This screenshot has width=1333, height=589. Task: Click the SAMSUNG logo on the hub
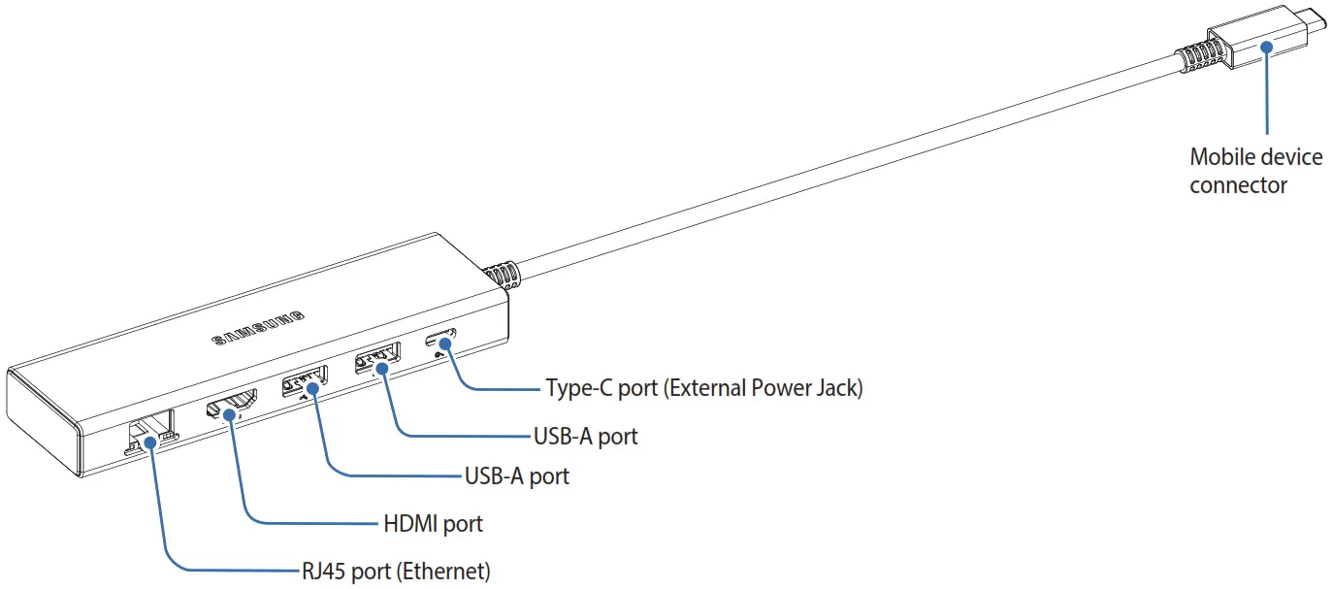point(258,329)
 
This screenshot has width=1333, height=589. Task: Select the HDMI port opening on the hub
point(231,404)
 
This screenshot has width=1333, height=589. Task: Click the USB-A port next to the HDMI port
point(304,381)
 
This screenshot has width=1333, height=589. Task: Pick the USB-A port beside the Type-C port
point(376,360)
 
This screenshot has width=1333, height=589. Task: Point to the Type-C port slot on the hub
point(441,342)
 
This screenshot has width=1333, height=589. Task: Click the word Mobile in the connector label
point(1218,157)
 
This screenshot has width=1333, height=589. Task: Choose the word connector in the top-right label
point(1238,185)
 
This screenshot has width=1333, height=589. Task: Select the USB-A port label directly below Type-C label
point(585,437)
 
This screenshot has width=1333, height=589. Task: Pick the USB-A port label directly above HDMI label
point(516,476)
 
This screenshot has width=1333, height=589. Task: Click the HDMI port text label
point(433,524)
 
